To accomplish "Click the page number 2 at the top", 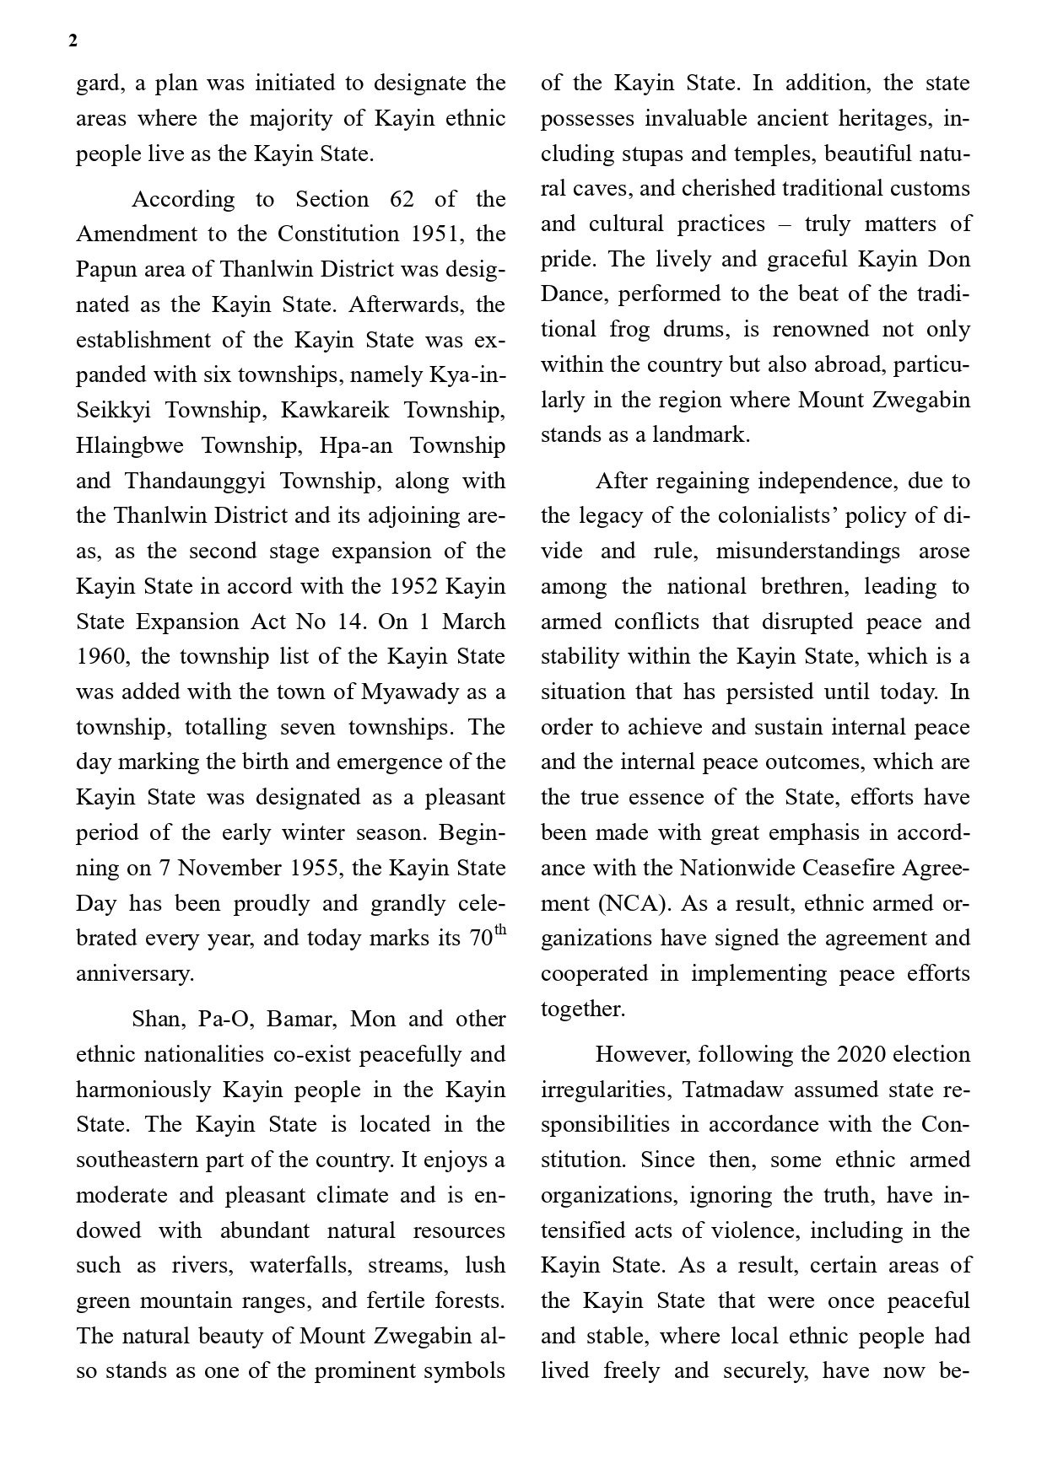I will tap(73, 41).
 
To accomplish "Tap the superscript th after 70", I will tap(499, 930).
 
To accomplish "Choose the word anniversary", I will tap(135, 974).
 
